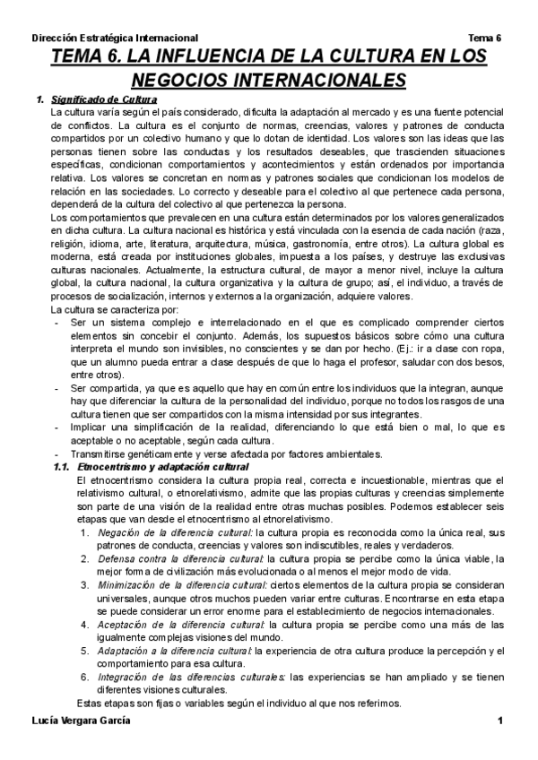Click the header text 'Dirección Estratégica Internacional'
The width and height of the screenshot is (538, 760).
coord(115,39)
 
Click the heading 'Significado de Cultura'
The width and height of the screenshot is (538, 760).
coord(104,99)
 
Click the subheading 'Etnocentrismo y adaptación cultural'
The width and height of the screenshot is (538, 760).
coord(163,468)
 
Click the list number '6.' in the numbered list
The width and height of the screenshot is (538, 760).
coord(83,677)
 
